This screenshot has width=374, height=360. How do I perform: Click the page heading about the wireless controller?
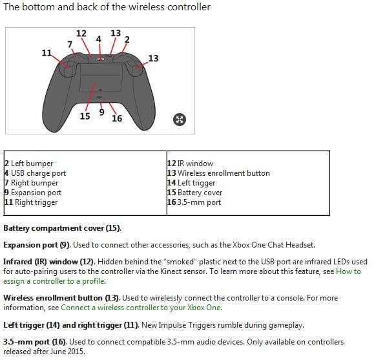pyautogui.click(x=107, y=7)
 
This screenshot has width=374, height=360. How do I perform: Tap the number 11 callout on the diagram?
pyautogui.click(x=47, y=53)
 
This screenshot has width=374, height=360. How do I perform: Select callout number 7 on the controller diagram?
pyautogui.click(x=70, y=44)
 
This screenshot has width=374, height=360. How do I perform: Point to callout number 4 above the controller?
pyautogui.click(x=98, y=39)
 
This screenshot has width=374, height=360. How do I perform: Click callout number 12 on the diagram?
pyautogui.click(x=81, y=34)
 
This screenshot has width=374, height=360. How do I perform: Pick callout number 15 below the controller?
pyautogui.click(x=85, y=116)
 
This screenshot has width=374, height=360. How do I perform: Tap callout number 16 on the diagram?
pyautogui.click(x=117, y=118)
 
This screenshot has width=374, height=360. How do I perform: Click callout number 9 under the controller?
pyautogui.click(x=101, y=112)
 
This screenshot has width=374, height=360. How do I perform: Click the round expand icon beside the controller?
pyautogui.click(x=180, y=119)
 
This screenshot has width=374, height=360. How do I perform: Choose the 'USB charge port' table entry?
pyautogui.click(x=38, y=173)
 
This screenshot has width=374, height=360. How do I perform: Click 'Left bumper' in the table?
pyautogui.click(x=32, y=164)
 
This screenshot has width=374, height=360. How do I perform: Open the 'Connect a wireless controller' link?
pyautogui.click(x=140, y=308)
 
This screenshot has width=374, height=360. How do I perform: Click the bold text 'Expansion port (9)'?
pyautogui.click(x=36, y=245)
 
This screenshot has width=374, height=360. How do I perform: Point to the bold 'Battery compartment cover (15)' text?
pyautogui.click(x=61, y=228)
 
